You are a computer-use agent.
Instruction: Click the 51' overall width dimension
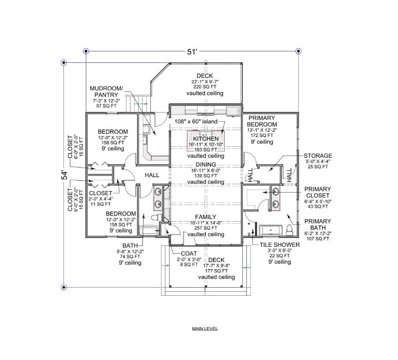[192, 52]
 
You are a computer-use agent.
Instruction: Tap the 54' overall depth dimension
[64, 174]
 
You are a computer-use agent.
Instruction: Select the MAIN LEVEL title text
[205, 329]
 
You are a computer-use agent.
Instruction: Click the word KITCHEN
[203, 139]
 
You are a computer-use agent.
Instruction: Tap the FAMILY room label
[205, 217]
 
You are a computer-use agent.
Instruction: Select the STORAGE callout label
[318, 156]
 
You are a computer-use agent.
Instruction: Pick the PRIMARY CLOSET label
[317, 192]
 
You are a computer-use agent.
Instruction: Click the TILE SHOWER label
[279, 245]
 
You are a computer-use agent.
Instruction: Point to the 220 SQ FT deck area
[205, 87]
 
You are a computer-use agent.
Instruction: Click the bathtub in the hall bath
[149, 230]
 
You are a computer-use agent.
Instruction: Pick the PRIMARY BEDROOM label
[262, 121]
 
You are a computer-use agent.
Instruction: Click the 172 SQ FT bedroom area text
[262, 136]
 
